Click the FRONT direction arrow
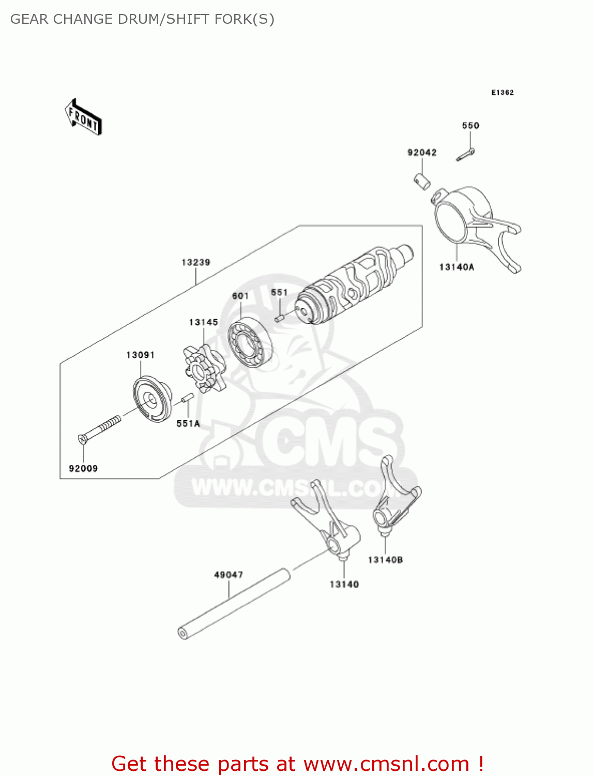point(83,117)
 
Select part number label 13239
point(195,262)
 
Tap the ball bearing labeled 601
point(250,342)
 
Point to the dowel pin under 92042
point(422,182)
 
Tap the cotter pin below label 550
point(465,155)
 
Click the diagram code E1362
point(502,93)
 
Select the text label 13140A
point(457,267)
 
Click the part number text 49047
point(229,575)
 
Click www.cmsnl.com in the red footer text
point(386,764)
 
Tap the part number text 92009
point(83,469)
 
